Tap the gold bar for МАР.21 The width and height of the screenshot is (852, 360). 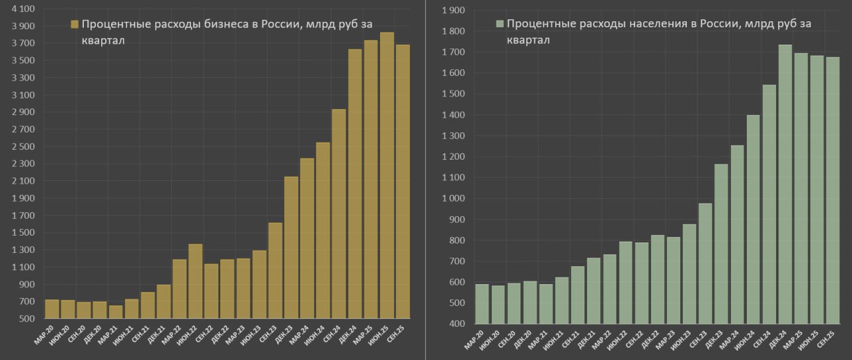click(116, 312)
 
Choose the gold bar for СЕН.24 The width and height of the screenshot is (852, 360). click(339, 214)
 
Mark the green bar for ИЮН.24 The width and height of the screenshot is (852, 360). click(753, 220)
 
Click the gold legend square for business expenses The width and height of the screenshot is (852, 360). click(75, 25)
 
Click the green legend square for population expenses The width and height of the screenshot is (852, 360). click(500, 24)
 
